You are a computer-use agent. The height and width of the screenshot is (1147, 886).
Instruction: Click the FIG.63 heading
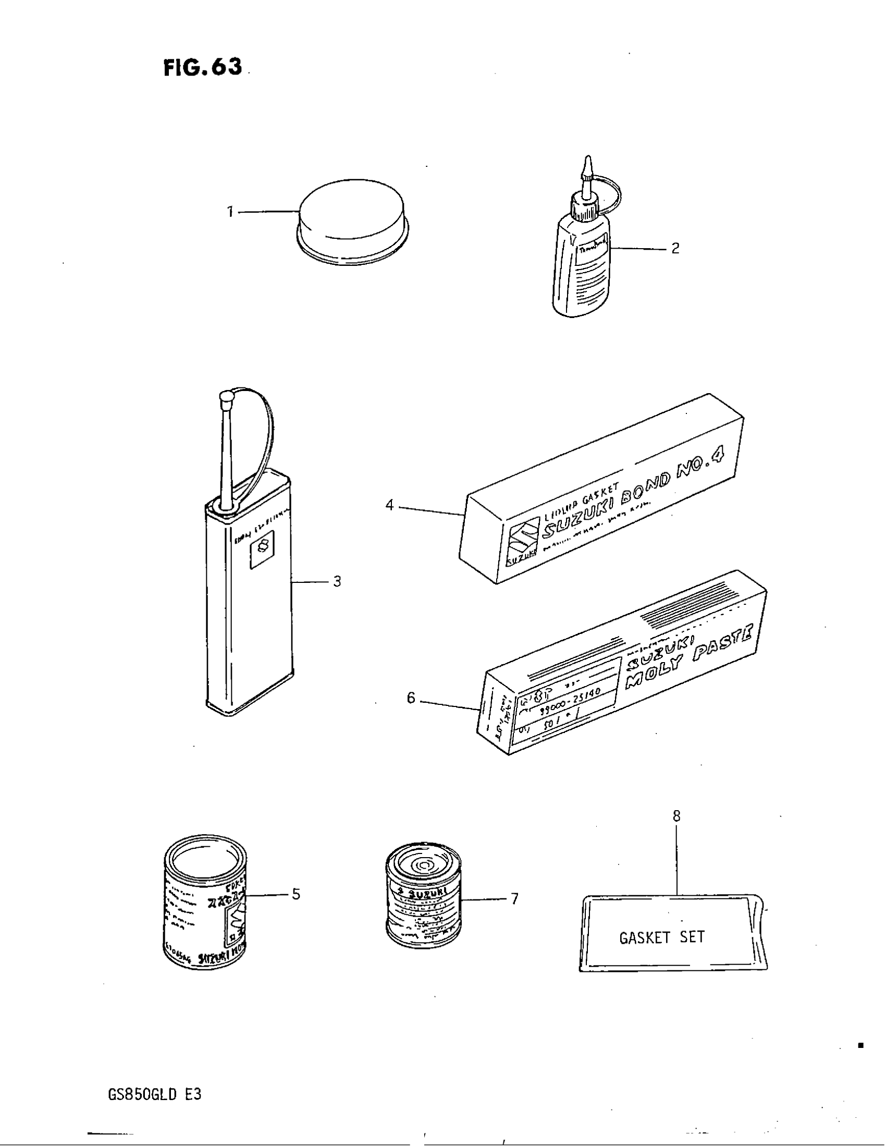(203, 67)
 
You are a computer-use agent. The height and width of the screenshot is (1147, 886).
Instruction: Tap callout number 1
(230, 212)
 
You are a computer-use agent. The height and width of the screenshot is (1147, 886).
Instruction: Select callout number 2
(675, 248)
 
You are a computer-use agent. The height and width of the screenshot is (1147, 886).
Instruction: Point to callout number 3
(337, 581)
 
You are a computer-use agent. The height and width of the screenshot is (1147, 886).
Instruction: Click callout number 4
(389, 505)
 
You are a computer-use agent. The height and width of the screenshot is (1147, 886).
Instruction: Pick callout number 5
(296, 894)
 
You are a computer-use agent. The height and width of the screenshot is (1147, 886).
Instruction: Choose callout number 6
(411, 698)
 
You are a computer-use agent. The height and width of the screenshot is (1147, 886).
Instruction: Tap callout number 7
(514, 899)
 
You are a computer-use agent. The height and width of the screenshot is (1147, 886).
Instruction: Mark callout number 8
(676, 815)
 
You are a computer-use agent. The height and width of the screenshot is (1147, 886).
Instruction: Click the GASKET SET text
(662, 937)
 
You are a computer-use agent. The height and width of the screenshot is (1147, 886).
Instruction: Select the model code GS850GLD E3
(154, 1094)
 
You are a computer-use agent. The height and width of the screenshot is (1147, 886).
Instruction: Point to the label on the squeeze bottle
(592, 257)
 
